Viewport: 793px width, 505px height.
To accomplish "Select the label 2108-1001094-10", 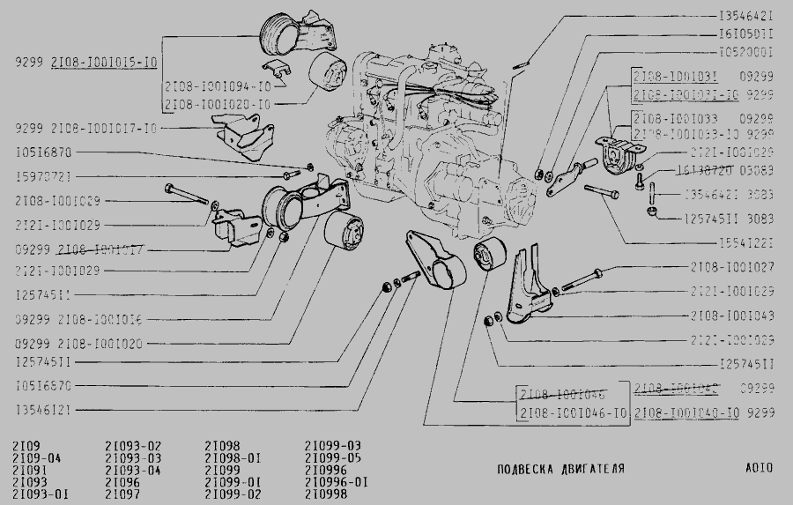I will pyautogui.click(x=218, y=86).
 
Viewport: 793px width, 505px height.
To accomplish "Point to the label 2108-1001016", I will pyautogui.click(x=98, y=319).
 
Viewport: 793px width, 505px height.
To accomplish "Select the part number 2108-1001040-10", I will pyautogui.click(x=686, y=412).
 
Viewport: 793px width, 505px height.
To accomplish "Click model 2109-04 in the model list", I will pyautogui.click(x=33, y=458).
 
